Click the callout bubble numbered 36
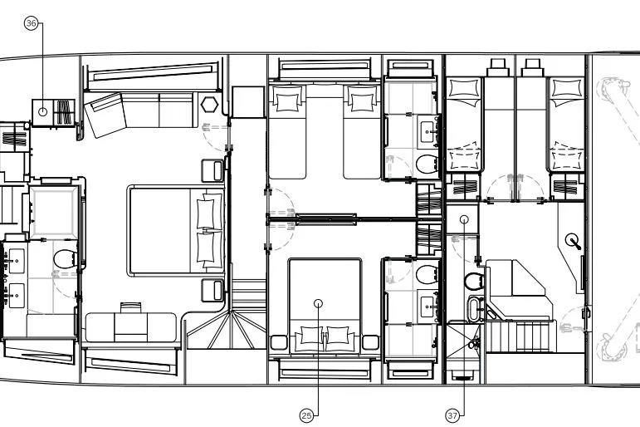pyautogui.click(x=32, y=24)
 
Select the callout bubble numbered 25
pyautogui.click(x=306, y=415)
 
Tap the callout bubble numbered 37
pyautogui.click(x=452, y=415)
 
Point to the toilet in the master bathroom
pyautogui.click(x=65, y=259)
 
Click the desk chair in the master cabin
pyautogui.click(x=130, y=309)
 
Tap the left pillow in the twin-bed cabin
pyautogui.click(x=288, y=101)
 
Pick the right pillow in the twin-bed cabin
pyautogui.click(x=362, y=101)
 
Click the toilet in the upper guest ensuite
pyautogui.click(x=426, y=163)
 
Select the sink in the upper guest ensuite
pyautogui.click(x=430, y=130)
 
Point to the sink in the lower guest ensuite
pyautogui.click(x=430, y=303)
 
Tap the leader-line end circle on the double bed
pyautogui.click(x=318, y=304)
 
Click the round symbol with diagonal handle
pyautogui.click(x=571, y=241)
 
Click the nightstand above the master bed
pyautogui.click(x=213, y=170)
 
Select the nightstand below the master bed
pyautogui.click(x=213, y=290)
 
